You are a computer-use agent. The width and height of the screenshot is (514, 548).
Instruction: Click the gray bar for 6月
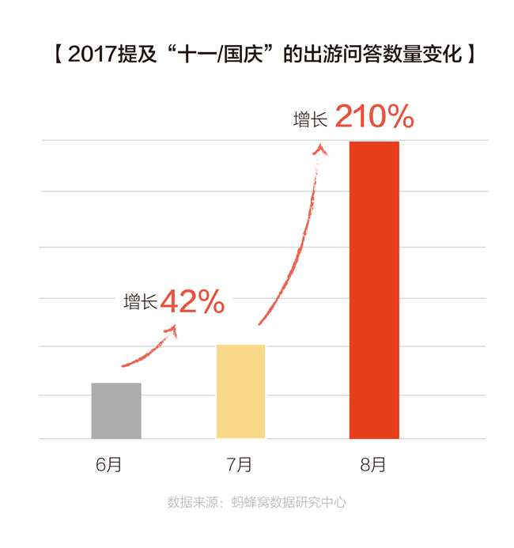pos(116,410)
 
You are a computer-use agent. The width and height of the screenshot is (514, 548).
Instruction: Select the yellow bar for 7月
pos(240,391)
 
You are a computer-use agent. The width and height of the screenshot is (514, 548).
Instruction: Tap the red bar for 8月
pos(374,289)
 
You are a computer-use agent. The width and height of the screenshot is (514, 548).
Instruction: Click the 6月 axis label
pos(108,464)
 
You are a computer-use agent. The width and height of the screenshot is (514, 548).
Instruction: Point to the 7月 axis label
pos(239,464)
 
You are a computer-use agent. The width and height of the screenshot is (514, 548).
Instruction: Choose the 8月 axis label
pos(372,464)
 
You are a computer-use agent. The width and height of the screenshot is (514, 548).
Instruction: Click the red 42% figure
pos(192,301)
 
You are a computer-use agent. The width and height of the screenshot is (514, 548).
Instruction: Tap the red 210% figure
pos(375,116)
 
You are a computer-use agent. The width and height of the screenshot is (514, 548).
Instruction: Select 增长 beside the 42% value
pos(141,301)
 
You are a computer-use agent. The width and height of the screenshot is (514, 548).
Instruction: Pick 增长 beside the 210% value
pos(310,119)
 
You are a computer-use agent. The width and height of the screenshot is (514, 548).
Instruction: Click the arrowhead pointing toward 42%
pos(172,331)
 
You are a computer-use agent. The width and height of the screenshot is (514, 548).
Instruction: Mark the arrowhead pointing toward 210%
pos(320,149)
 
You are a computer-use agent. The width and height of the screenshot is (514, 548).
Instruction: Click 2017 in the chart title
pos(93,55)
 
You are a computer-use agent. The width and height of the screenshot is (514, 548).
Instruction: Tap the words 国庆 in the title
pos(244,55)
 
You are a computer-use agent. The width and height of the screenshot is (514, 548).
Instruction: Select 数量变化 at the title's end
pos(423,55)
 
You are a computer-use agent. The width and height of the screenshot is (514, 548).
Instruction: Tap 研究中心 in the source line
pos(321,502)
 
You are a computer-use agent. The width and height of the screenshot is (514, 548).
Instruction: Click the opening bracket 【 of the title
pos(59,55)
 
